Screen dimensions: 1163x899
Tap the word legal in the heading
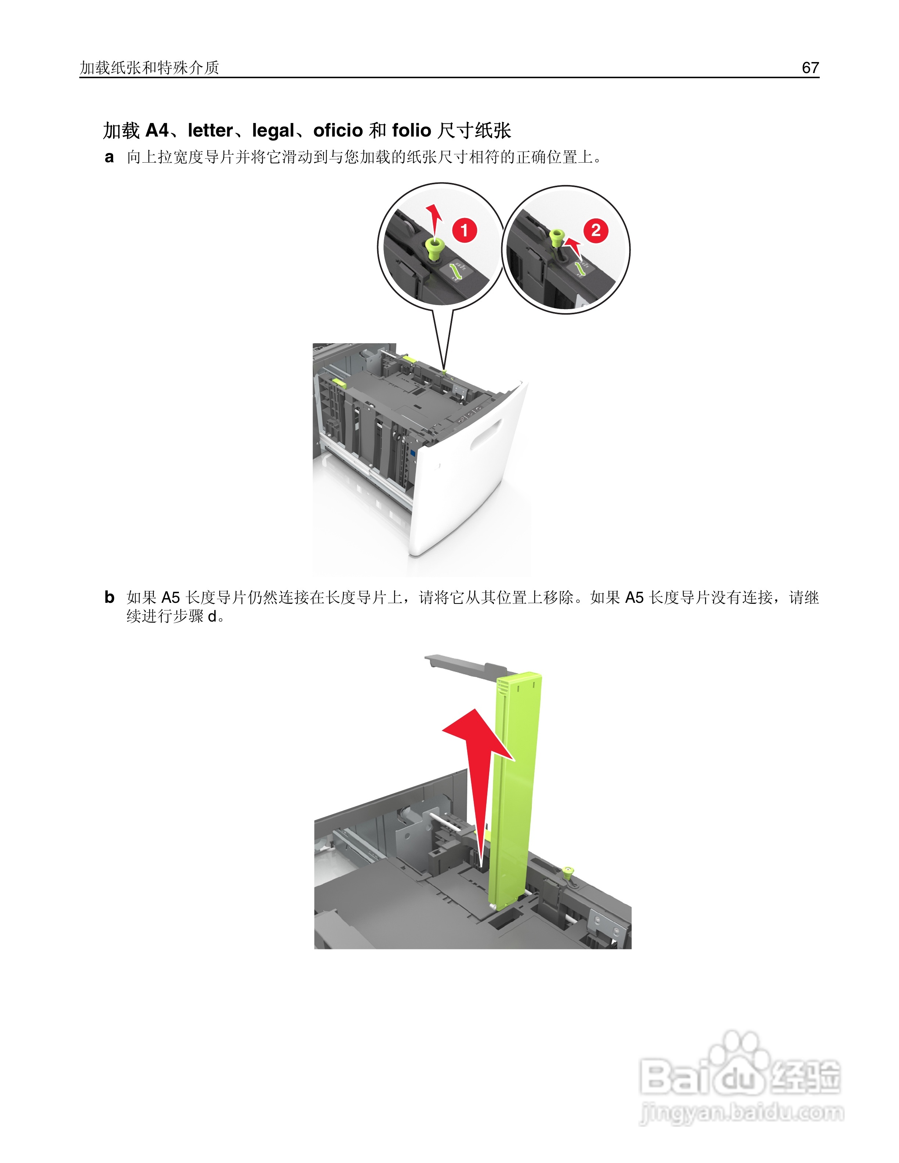(x=273, y=130)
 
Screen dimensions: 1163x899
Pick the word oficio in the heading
(x=337, y=130)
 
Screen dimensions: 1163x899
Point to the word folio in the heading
(x=411, y=130)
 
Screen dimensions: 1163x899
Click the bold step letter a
(x=109, y=157)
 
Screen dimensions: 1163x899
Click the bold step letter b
(x=109, y=598)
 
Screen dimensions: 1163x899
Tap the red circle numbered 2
(x=596, y=231)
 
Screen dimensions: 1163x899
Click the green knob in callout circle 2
(x=556, y=236)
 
